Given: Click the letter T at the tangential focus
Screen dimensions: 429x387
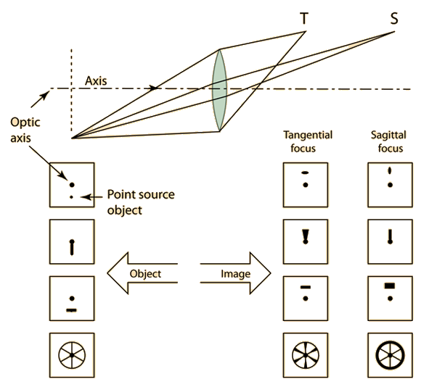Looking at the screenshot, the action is [304, 19].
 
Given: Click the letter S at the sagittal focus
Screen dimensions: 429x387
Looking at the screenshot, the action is [394, 19].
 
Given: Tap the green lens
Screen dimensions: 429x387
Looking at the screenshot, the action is [220, 91].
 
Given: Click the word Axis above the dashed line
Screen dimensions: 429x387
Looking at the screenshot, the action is [96, 81].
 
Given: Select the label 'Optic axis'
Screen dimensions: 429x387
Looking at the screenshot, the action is [25, 130].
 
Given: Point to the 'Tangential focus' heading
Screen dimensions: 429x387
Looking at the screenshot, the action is [308, 141].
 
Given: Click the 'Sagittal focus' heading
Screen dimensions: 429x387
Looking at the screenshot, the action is [388, 141].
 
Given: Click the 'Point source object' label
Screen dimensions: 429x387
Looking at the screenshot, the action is [141, 202].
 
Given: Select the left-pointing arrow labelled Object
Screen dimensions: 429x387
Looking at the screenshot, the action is [142, 273].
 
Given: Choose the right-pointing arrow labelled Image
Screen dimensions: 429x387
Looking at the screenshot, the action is [236, 273].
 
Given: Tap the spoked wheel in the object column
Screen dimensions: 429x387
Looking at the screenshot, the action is [72, 355].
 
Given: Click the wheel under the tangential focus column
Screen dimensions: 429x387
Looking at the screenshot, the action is [306, 355].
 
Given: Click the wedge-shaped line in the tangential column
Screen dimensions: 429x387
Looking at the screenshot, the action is [306, 236].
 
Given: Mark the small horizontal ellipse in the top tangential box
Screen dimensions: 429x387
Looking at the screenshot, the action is [305, 172].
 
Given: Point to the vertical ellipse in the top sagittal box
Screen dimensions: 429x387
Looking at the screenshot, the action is [390, 171].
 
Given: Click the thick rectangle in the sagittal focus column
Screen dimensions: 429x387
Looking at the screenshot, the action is [390, 286].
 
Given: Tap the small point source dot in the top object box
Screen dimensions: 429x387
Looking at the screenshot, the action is [71, 197].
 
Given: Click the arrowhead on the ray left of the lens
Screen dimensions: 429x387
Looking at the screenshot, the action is [154, 88].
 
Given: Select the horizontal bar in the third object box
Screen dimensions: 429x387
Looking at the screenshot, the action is [72, 310].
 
